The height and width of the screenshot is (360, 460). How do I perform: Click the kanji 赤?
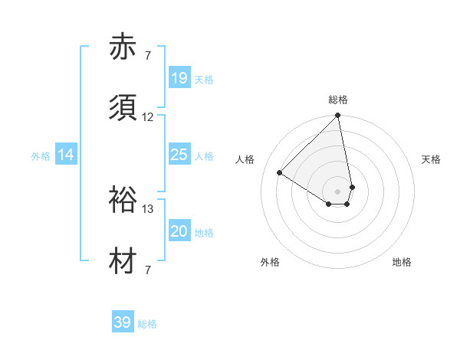tap(123, 47)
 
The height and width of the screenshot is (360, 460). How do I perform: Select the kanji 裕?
tap(123, 201)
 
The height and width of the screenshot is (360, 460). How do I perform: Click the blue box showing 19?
tap(179, 78)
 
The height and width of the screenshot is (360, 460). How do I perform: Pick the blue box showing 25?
tap(179, 155)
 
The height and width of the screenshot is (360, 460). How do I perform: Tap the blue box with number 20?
tap(179, 231)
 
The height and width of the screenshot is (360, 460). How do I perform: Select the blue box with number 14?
tap(66, 155)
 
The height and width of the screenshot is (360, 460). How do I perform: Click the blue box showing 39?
tap(123, 322)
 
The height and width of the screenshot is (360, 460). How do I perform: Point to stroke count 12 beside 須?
tap(148, 117)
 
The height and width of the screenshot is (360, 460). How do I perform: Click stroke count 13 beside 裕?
tap(148, 208)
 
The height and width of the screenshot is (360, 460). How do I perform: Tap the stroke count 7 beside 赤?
tap(148, 56)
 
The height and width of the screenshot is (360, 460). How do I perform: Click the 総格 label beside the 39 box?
tap(147, 324)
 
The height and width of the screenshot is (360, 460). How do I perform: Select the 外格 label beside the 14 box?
tap(41, 156)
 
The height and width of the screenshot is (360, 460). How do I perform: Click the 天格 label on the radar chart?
tap(432, 159)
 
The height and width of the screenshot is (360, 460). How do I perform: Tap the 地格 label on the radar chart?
tap(402, 262)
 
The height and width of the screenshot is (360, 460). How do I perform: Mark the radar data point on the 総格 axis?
tap(337, 116)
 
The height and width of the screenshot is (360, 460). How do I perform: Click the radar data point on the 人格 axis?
tap(280, 172)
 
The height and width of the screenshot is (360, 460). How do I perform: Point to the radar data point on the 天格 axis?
tap(352, 187)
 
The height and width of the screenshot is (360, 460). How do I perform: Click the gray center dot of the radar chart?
tap(338, 191)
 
